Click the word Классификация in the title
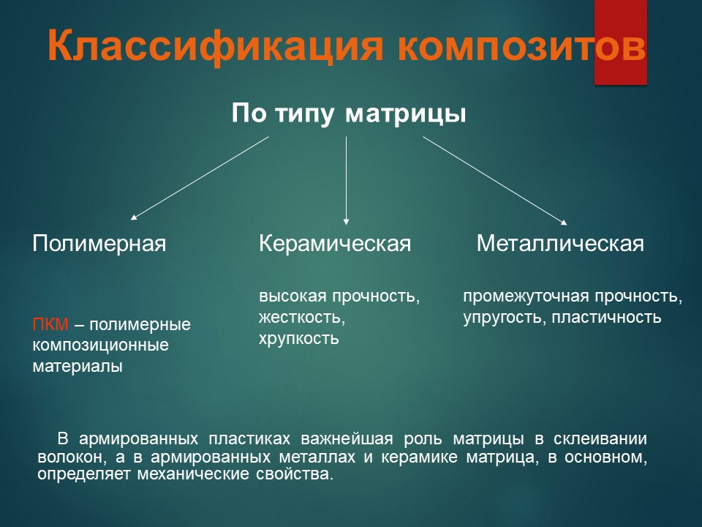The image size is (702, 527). (215, 46)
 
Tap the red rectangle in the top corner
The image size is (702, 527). (621, 42)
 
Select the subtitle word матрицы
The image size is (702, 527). (406, 114)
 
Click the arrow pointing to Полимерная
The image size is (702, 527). (200, 178)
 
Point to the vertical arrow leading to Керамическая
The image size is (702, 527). (346, 180)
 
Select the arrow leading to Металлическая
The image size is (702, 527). (495, 180)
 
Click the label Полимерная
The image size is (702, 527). (99, 244)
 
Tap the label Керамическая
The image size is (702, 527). (335, 244)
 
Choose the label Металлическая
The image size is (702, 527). (560, 244)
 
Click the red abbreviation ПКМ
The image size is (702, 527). (50, 324)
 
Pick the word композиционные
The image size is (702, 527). (101, 345)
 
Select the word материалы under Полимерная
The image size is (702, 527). (78, 367)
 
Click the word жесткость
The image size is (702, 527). (302, 317)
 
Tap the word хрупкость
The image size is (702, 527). (298, 339)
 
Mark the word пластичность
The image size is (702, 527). (606, 317)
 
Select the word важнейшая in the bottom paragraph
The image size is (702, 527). (347, 439)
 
